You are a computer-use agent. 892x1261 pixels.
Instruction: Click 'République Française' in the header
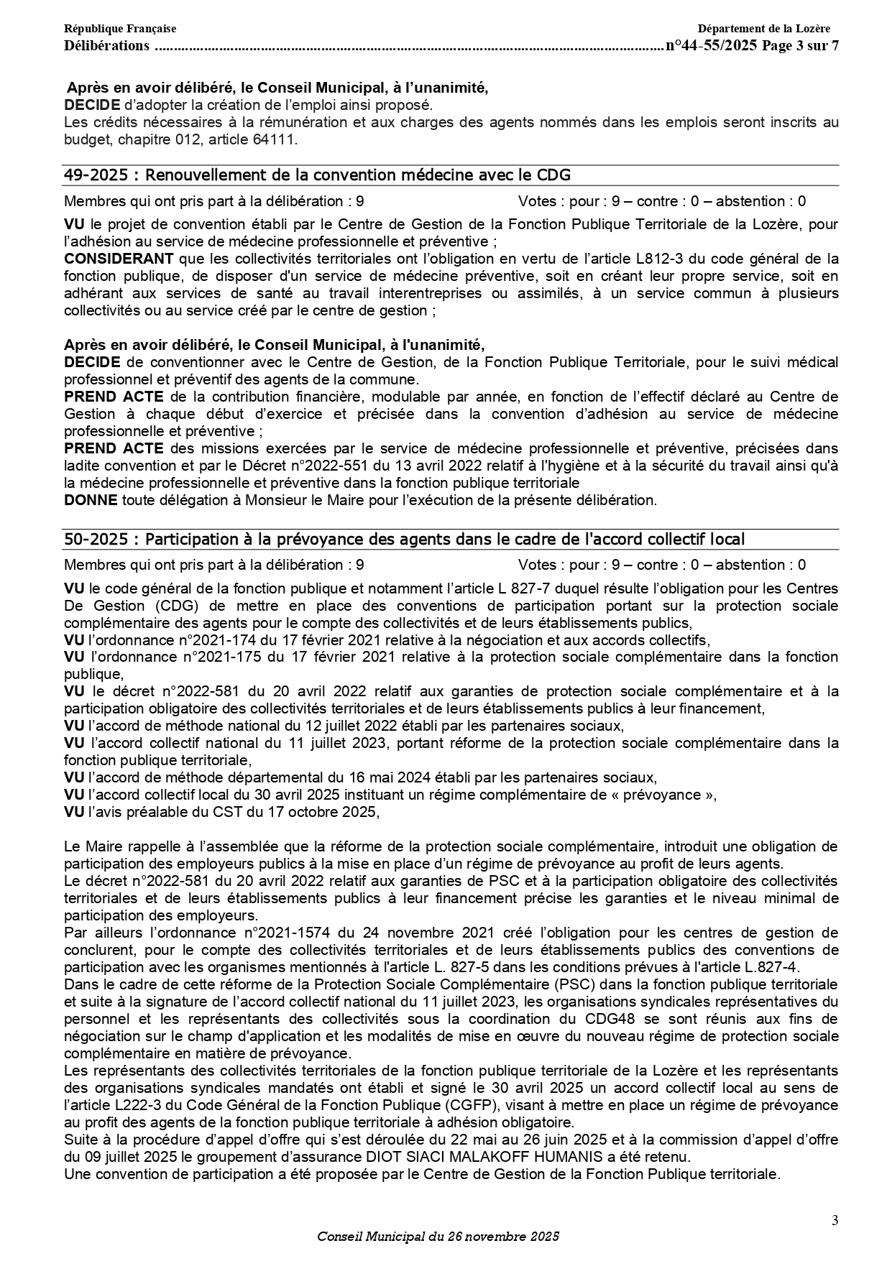120,29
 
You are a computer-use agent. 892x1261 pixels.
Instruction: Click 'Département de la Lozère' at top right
763,29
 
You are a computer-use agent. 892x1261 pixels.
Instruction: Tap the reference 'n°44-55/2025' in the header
712,46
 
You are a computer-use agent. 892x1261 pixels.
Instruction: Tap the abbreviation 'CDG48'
625,1019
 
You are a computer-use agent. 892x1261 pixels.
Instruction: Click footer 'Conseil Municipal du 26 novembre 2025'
438,1237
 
